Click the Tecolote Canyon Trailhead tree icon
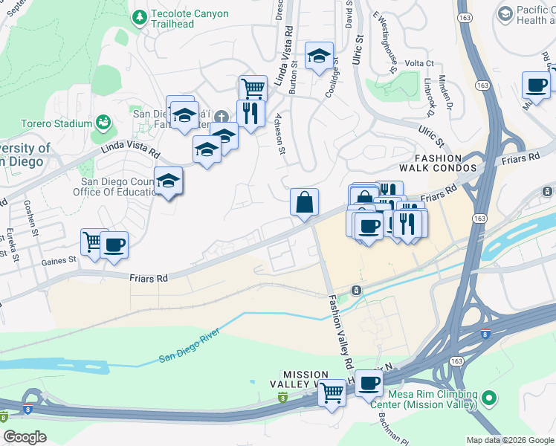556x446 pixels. click(138, 17)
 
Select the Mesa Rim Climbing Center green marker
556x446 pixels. click(488, 400)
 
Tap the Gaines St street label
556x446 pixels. click(62, 260)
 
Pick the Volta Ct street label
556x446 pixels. click(419, 64)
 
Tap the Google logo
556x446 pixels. click(25, 437)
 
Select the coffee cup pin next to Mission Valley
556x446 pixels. click(368, 384)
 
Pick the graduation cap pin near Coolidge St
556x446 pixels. click(319, 56)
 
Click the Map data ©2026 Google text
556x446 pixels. click(509, 440)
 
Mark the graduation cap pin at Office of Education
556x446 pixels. click(169, 181)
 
